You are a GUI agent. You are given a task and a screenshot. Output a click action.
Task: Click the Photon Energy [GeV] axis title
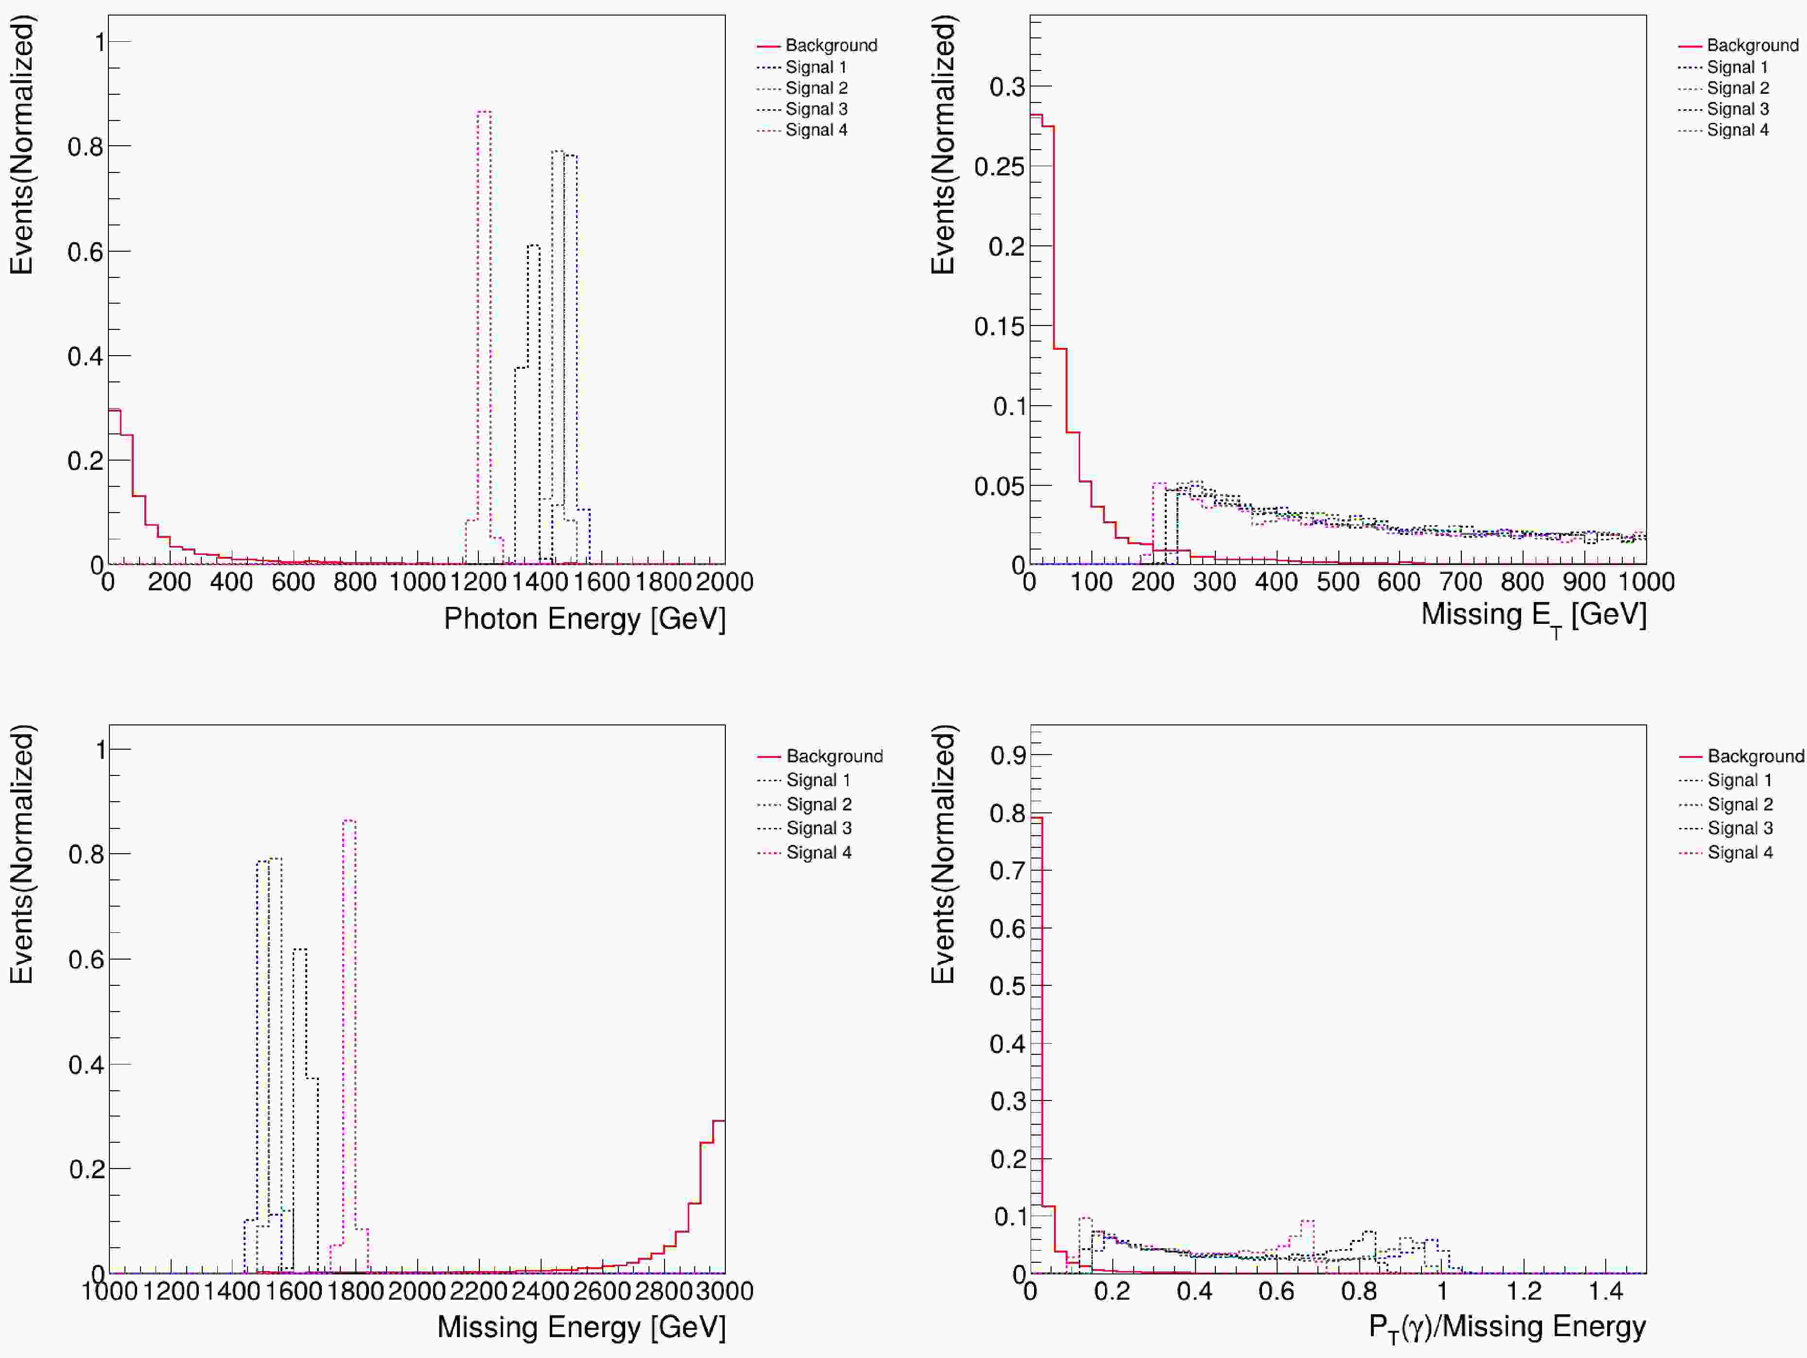click(x=584, y=618)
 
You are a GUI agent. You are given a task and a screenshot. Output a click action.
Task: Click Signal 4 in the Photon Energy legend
click(x=815, y=130)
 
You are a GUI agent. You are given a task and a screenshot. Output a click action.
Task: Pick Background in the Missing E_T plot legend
click(x=1752, y=45)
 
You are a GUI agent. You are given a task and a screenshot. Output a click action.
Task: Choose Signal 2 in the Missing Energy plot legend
click(x=819, y=804)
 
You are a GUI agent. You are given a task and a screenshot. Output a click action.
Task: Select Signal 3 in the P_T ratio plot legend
click(x=1740, y=828)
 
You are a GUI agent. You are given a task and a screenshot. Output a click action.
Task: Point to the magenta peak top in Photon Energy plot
click(x=484, y=112)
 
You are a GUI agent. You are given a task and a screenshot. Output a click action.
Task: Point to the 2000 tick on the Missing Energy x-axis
click(x=417, y=1291)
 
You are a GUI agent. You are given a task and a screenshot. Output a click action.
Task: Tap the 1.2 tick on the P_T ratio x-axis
click(x=1524, y=1291)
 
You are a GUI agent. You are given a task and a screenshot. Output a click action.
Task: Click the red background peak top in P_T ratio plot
click(x=1036, y=817)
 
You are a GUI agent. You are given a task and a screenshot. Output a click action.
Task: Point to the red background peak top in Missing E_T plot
click(x=1035, y=115)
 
